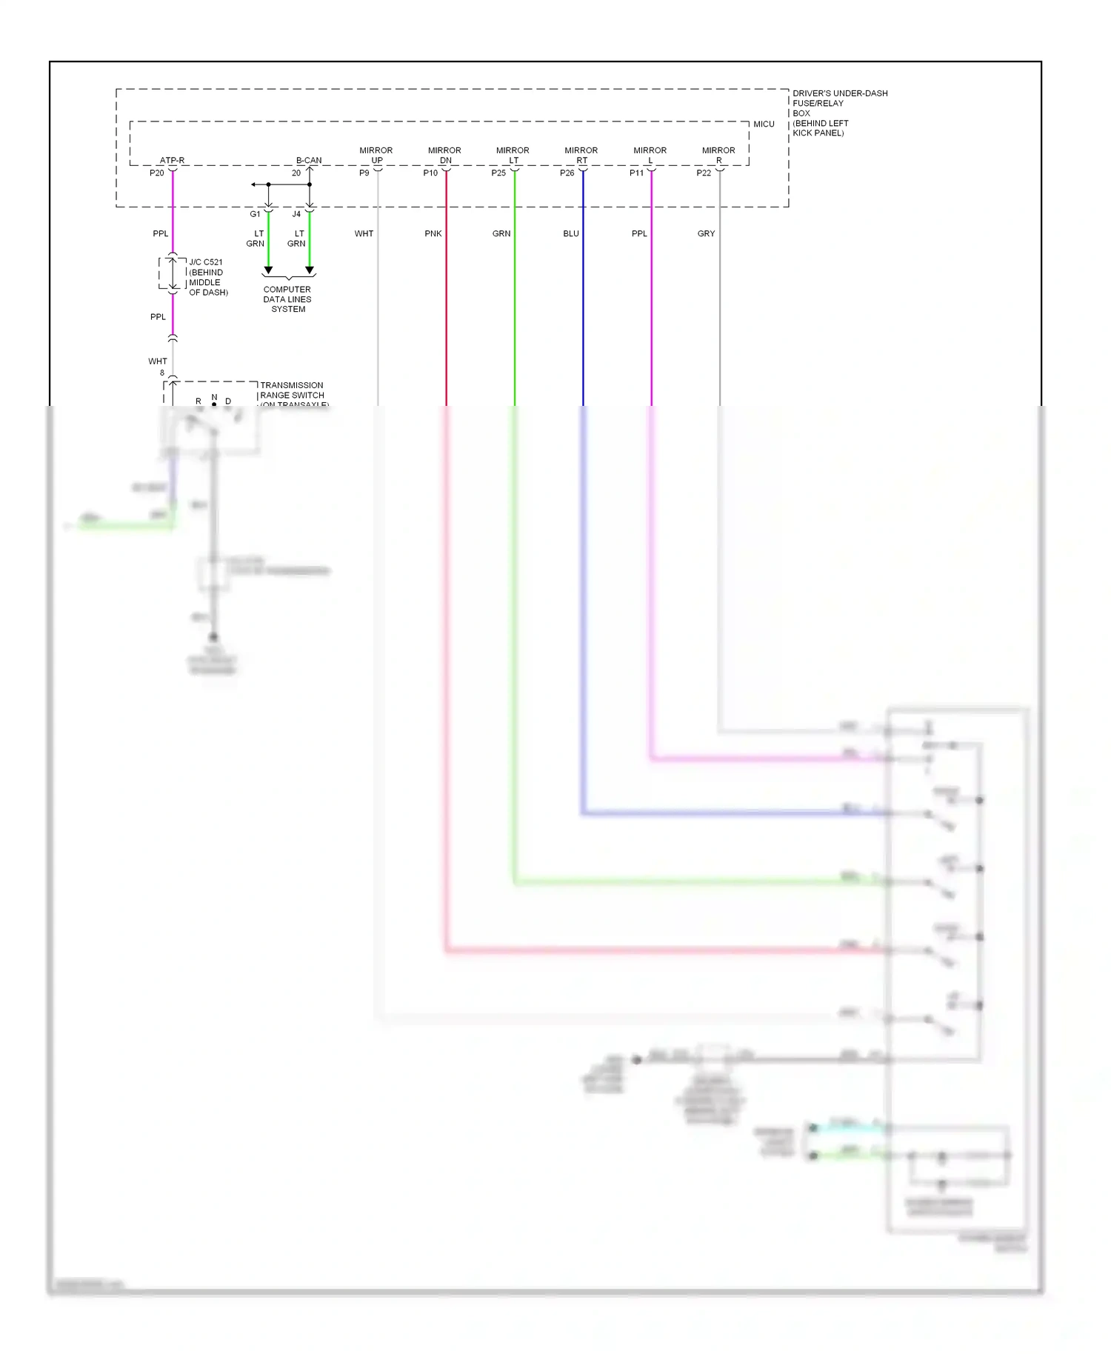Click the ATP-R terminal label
(x=172, y=160)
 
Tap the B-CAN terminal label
(x=309, y=160)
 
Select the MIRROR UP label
(x=376, y=155)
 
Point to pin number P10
(x=430, y=173)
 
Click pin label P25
(x=498, y=173)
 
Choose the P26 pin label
(x=567, y=173)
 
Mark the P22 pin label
(x=704, y=173)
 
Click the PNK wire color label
(x=433, y=234)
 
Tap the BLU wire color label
(x=571, y=234)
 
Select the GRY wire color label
(x=706, y=234)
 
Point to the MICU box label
(x=764, y=124)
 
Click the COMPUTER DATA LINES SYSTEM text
(x=287, y=299)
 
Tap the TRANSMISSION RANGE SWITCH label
(x=293, y=390)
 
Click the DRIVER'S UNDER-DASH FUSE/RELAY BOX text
(x=839, y=113)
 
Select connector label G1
(x=255, y=215)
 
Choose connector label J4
(x=296, y=215)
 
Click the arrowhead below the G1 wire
(x=269, y=270)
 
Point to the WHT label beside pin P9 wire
(x=364, y=234)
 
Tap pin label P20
(x=157, y=173)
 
